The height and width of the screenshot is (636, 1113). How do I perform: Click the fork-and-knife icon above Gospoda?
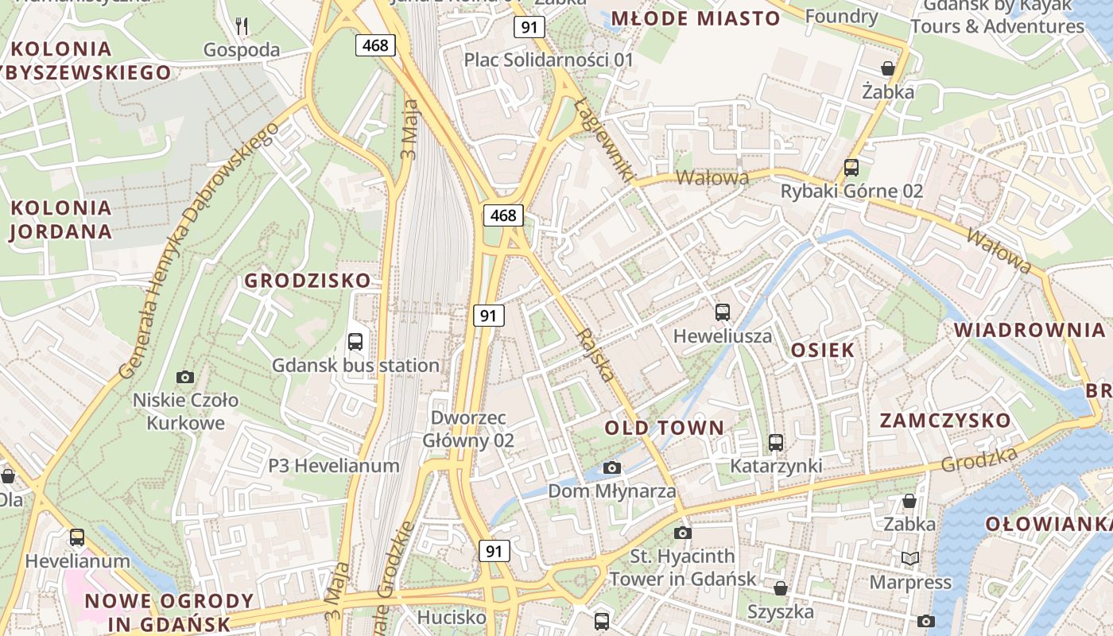click(242, 26)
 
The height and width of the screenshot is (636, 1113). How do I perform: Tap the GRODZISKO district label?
click(307, 281)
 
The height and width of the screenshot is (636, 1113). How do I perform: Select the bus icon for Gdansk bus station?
click(355, 342)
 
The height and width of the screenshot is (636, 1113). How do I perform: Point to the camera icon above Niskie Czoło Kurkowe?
click(185, 377)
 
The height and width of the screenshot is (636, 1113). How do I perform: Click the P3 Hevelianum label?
click(333, 466)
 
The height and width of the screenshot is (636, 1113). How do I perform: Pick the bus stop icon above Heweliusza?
click(722, 312)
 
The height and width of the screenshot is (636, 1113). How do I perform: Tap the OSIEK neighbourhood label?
click(822, 350)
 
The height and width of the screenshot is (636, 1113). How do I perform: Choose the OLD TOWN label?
click(665, 428)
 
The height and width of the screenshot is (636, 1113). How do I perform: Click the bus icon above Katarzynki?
click(776, 443)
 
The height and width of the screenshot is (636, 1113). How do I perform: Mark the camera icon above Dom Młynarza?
click(611, 467)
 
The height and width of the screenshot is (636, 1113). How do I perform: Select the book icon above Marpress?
click(909, 559)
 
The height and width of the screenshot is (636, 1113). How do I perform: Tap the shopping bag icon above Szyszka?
click(781, 588)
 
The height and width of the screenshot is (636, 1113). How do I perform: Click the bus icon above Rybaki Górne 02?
click(851, 168)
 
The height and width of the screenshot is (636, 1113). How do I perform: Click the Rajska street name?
click(598, 355)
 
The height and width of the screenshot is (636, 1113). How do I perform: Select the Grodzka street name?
click(979, 459)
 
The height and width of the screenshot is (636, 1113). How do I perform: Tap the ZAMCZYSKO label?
click(944, 421)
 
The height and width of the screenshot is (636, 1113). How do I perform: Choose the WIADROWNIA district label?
click(1029, 330)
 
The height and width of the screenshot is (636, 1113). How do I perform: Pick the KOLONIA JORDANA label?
click(60, 220)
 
